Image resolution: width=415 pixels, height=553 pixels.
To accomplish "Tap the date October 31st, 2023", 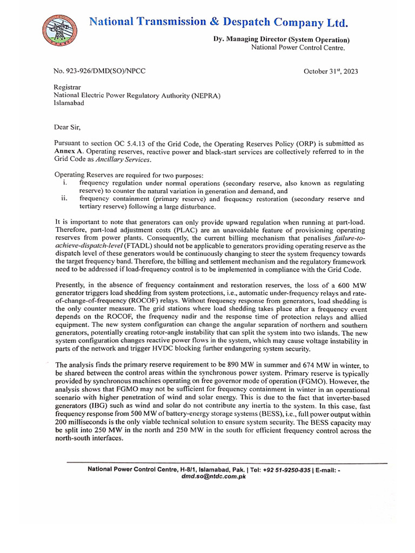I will click(x=330, y=71).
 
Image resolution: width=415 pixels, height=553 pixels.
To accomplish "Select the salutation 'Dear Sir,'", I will click(x=68, y=127).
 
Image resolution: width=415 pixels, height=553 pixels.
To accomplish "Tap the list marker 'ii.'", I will click(x=64, y=199).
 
